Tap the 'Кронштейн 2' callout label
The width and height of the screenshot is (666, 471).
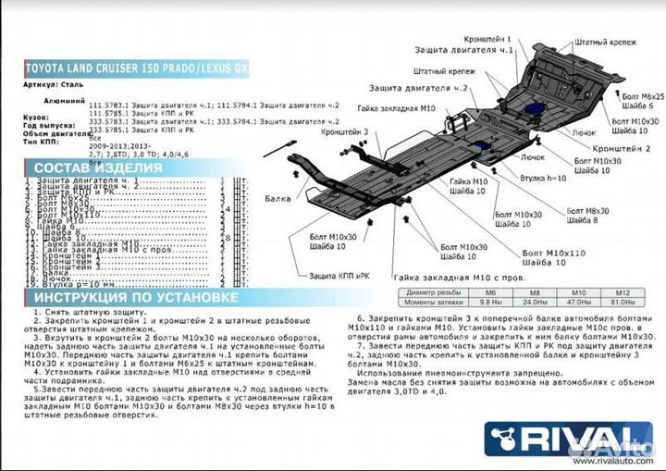point(622,148)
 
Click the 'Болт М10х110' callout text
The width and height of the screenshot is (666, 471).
point(553,253)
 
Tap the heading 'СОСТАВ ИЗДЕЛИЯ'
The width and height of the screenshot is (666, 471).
point(97,167)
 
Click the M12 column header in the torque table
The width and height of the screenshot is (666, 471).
point(622,292)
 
